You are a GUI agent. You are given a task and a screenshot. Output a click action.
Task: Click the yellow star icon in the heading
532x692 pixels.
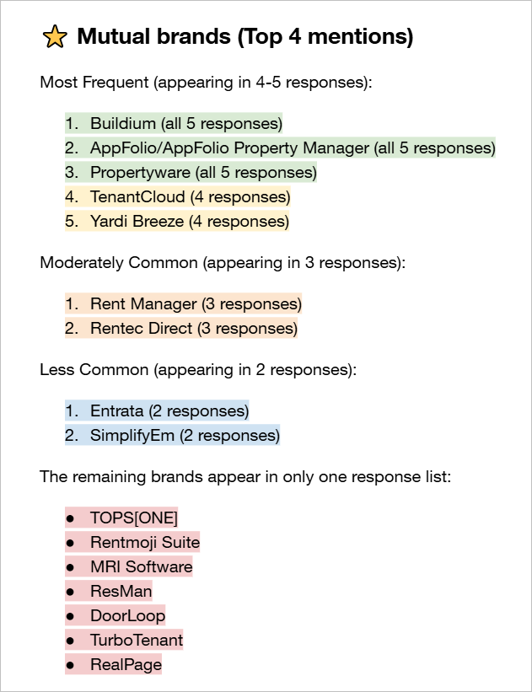(x=54, y=37)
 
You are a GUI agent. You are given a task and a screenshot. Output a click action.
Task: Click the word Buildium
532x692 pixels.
(x=123, y=124)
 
